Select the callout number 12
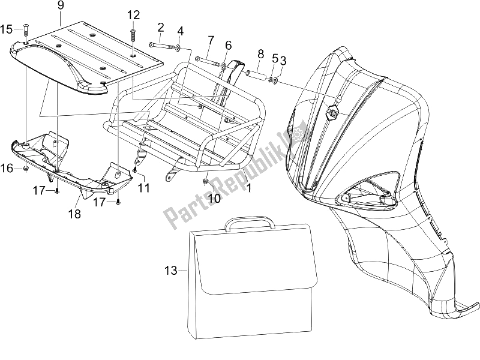(x=133, y=14)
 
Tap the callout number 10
(x=214, y=197)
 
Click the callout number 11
(x=143, y=188)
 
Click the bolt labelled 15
(x=25, y=31)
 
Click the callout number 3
(x=283, y=60)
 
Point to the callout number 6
(x=228, y=46)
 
